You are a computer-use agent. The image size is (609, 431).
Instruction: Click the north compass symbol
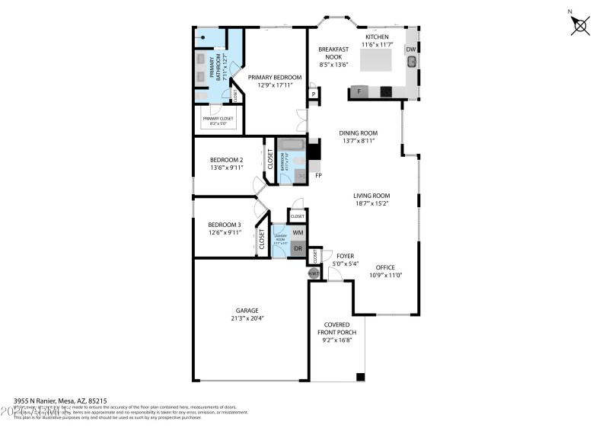581,26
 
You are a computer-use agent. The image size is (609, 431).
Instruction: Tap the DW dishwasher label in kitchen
411,49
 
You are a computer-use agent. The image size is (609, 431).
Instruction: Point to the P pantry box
313,94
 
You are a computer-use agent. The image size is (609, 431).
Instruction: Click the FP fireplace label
318,174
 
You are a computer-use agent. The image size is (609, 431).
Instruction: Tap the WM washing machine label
298,231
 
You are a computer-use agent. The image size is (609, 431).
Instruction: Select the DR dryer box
298,249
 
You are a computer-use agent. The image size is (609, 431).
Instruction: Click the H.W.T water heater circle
313,273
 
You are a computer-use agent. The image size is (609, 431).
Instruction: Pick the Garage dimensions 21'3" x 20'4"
247,320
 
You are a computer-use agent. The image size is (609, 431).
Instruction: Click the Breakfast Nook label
333,54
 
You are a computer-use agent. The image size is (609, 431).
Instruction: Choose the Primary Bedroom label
275,78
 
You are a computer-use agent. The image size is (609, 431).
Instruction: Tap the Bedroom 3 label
225,224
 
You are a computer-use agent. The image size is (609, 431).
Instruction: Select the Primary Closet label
218,118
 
